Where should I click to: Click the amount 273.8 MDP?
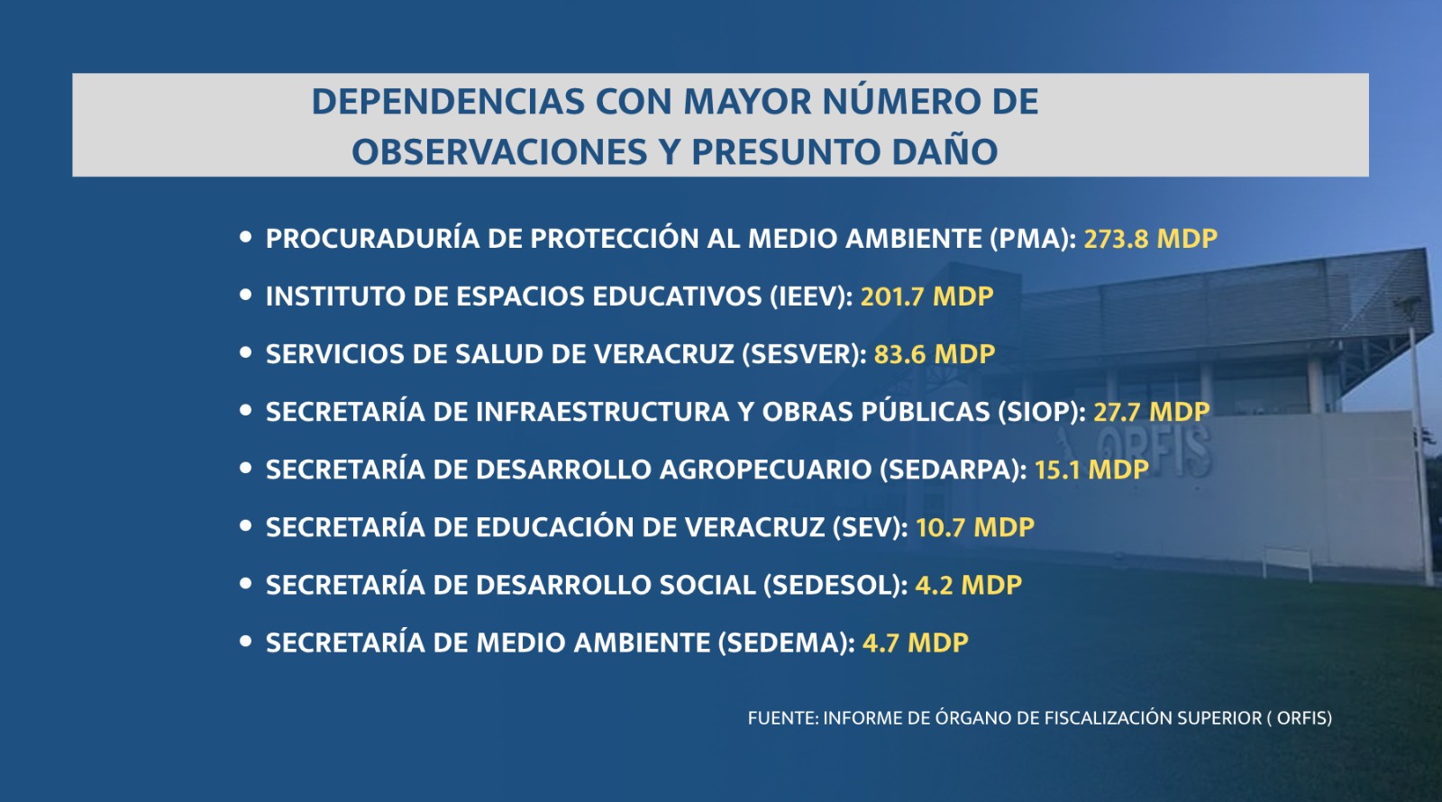pos(1150,239)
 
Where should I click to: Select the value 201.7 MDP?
pos(927,296)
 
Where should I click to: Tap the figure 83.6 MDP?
pos(934,354)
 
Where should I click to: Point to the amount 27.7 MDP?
pos(1152,412)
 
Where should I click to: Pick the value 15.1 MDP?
pos(1091,469)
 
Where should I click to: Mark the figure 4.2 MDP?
pos(968,585)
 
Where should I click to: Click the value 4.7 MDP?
pos(916,643)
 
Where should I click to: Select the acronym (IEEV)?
pos(808,296)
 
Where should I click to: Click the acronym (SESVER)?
pos(800,354)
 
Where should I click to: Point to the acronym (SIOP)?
pos(1038,412)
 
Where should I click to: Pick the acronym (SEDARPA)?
pos(950,469)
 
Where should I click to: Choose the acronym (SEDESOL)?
pos(832,585)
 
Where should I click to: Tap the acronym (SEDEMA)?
pos(783,643)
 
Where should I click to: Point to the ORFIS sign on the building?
pos(1154,451)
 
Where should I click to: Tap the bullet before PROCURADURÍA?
pos(245,237)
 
